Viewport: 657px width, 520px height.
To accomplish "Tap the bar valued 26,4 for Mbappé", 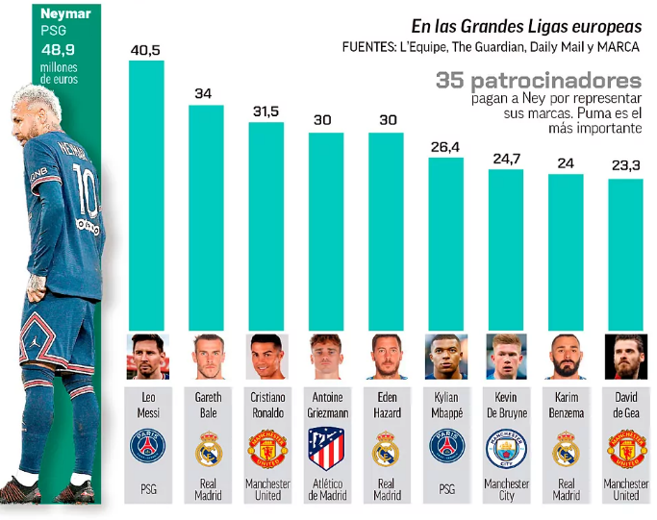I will point(446,245).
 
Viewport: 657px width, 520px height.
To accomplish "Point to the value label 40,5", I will point(146,49).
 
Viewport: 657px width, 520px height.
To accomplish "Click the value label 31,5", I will point(265,111).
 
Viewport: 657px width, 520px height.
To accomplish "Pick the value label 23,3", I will point(625,166).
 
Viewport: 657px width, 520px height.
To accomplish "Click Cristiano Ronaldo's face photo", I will point(266,357).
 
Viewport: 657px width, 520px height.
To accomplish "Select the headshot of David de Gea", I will point(625,357).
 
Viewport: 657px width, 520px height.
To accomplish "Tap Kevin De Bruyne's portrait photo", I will point(506,357).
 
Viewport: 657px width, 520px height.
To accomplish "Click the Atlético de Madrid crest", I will point(326,448).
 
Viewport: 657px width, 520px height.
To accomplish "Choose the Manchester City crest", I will point(506,448).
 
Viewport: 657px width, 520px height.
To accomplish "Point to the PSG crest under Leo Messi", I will point(147,448).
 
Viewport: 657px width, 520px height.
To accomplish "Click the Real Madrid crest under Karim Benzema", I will point(566,448).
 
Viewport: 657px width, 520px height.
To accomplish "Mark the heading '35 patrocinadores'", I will point(537,81).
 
